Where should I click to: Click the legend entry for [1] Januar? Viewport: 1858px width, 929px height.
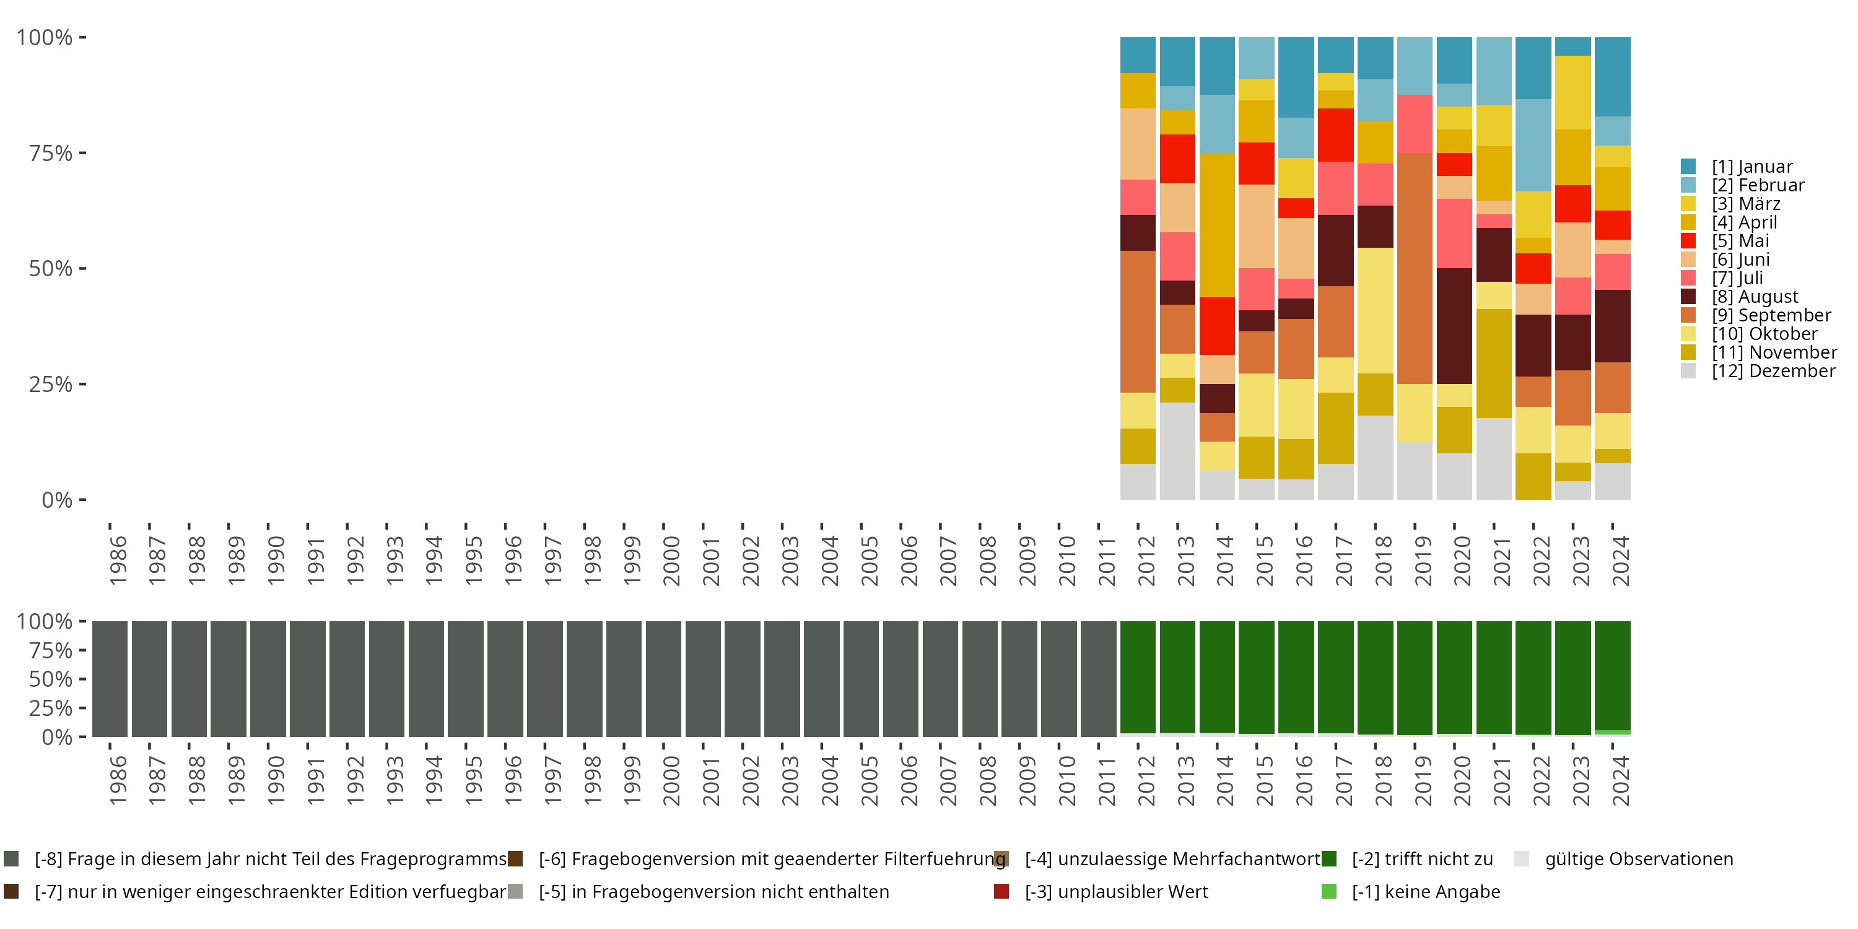tap(1751, 167)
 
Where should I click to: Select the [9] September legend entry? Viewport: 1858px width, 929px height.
tap(1771, 315)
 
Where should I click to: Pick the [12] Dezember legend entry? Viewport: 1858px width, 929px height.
tap(1773, 371)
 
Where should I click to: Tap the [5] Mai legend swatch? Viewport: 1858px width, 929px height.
tap(1688, 241)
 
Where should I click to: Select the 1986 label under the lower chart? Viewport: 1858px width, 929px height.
tap(118, 780)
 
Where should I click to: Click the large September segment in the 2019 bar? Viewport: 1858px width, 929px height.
tap(1415, 268)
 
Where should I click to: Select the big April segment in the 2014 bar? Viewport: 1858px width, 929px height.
tap(1217, 224)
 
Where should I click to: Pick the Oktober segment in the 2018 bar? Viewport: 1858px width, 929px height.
tap(1375, 310)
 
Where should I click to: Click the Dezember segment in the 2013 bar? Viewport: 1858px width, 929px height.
tap(1177, 451)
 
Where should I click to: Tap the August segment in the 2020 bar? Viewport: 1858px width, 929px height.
tap(1454, 326)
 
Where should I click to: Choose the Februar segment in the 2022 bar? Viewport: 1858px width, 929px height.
tap(1533, 145)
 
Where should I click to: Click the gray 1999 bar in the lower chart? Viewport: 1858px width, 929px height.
tap(624, 679)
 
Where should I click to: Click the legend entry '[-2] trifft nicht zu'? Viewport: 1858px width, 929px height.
tap(1421, 859)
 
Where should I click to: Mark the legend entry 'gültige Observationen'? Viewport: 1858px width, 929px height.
tap(1638, 859)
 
